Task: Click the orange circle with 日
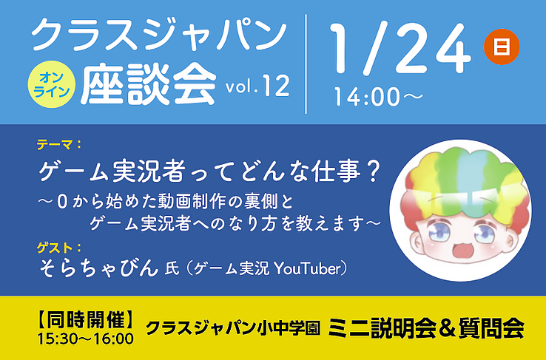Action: pyautogui.click(x=502, y=47)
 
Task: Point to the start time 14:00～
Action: pyautogui.click(x=379, y=96)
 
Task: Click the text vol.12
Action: pyautogui.click(x=257, y=86)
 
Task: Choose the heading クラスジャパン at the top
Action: pyautogui.click(x=158, y=35)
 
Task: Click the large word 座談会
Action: pyautogui.click(x=149, y=85)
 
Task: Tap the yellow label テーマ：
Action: pyautogui.click(x=59, y=144)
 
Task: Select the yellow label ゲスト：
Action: pyautogui.click(x=59, y=248)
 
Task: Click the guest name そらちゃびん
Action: pyautogui.click(x=98, y=268)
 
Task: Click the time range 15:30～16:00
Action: pyautogui.click(x=85, y=339)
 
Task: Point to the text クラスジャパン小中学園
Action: pyautogui.click(x=232, y=327)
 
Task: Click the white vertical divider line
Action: pyautogui.click(x=306, y=64)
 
